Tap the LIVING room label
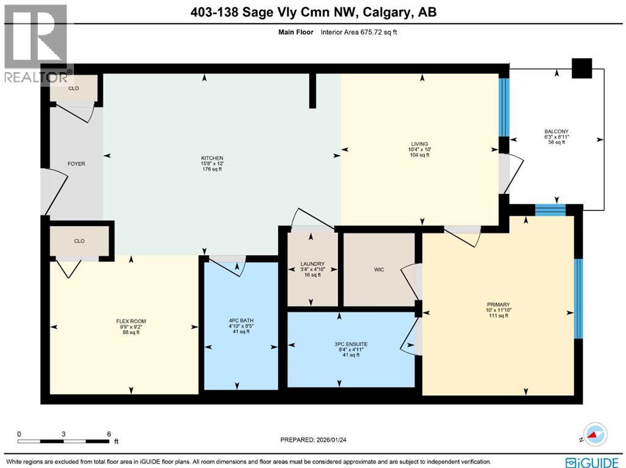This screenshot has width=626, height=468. pyautogui.click(x=419, y=144)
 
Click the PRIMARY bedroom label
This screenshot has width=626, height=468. pyautogui.click(x=498, y=304)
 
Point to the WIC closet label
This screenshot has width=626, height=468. pyautogui.click(x=379, y=269)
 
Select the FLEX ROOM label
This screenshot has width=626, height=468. pyautogui.click(x=131, y=321)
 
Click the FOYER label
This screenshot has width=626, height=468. pyautogui.click(x=76, y=164)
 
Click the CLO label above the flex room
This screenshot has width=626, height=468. pyautogui.click(x=79, y=241)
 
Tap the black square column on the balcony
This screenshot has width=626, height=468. pyautogui.click(x=582, y=68)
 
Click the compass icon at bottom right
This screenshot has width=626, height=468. pyautogui.click(x=594, y=434)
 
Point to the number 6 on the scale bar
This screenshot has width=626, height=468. pyautogui.click(x=109, y=434)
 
